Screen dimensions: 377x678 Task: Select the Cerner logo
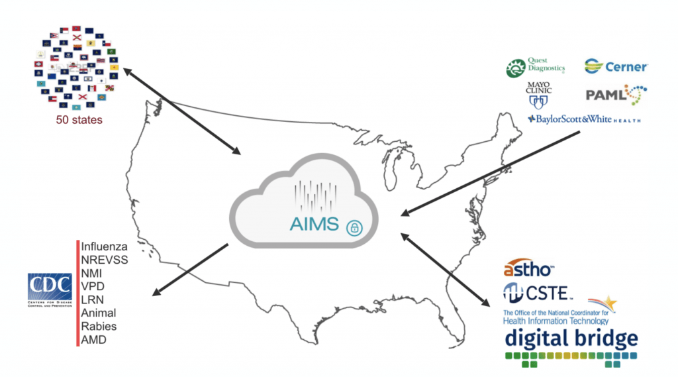tap(616, 66)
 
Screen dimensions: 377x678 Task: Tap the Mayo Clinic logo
tap(538, 95)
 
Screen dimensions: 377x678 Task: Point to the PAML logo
tap(616, 95)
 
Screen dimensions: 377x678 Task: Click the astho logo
tap(529, 268)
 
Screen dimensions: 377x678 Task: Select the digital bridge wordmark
tap(571, 338)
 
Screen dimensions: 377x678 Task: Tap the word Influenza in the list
tap(104, 246)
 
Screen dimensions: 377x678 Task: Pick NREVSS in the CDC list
tap(105, 260)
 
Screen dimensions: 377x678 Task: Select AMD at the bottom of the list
tap(93, 339)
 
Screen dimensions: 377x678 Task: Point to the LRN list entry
tap(93, 299)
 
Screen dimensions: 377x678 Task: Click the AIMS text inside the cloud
tap(315, 224)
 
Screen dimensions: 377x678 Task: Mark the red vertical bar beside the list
tap(77, 292)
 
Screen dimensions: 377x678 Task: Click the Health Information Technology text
tap(556, 321)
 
